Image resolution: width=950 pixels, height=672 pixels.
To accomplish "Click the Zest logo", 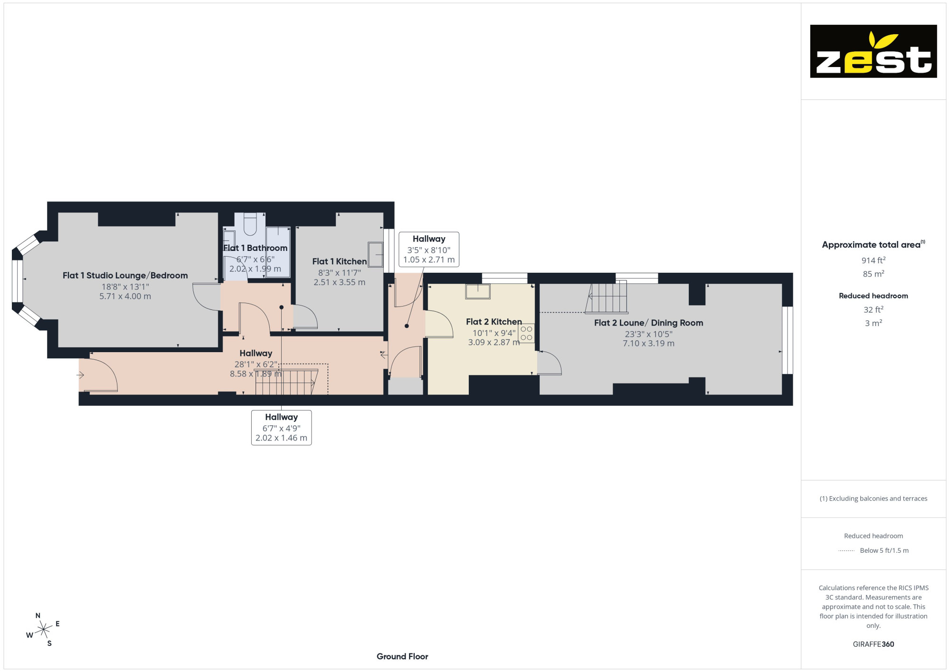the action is pyautogui.click(x=873, y=51).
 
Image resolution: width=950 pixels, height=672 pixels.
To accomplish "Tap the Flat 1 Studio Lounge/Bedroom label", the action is pyautogui.click(x=125, y=276).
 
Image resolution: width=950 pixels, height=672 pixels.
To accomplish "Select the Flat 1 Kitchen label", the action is pyautogui.click(x=339, y=261).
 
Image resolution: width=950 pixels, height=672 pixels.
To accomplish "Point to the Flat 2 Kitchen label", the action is pyautogui.click(x=494, y=322).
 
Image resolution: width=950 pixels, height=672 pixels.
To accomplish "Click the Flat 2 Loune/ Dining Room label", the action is pyautogui.click(x=648, y=323).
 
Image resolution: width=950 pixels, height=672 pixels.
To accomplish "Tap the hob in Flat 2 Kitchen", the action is pyautogui.click(x=526, y=333).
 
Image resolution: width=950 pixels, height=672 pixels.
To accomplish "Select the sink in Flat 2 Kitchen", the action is pyautogui.click(x=477, y=291).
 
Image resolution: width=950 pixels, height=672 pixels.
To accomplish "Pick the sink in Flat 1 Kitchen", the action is pyautogui.click(x=375, y=255).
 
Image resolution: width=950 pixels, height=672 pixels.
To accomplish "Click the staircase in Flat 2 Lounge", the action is pyautogui.click(x=607, y=298).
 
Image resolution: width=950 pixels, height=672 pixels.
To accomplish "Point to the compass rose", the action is pyautogui.click(x=43, y=630).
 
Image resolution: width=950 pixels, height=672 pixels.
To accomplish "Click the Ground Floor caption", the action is pyautogui.click(x=402, y=656).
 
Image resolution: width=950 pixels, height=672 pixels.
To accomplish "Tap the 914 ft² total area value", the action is pyautogui.click(x=873, y=260).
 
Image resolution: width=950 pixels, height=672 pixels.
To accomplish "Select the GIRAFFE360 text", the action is pyautogui.click(x=873, y=644).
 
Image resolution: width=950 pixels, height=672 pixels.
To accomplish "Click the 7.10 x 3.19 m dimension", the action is pyautogui.click(x=648, y=343).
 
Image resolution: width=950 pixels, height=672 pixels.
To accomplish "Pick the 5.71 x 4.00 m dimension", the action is pyautogui.click(x=125, y=296).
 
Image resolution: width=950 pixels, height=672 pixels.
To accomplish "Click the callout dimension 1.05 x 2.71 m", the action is pyautogui.click(x=429, y=259).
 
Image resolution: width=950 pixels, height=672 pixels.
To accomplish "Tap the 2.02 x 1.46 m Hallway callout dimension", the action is pyautogui.click(x=281, y=438).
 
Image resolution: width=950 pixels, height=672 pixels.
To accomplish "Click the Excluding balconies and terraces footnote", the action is pyautogui.click(x=873, y=499).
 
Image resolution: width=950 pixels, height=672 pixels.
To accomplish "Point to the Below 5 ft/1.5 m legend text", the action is pyautogui.click(x=884, y=550).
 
